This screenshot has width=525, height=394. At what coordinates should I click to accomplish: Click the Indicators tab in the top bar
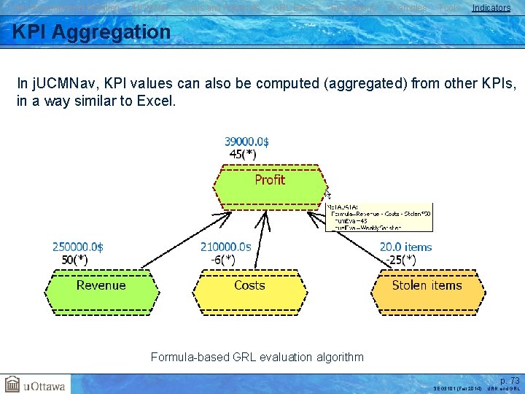(x=491, y=8)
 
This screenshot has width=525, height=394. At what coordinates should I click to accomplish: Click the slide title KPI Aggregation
(x=92, y=32)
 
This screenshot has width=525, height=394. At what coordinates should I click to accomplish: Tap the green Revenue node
(x=101, y=286)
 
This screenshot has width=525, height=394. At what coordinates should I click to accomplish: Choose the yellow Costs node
(x=249, y=286)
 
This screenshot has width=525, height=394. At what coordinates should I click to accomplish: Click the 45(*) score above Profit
(x=242, y=154)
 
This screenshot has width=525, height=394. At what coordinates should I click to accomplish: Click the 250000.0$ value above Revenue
(x=78, y=247)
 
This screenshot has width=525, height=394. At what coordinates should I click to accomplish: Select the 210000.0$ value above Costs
(x=226, y=247)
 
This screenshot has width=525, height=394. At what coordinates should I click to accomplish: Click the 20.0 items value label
(x=406, y=247)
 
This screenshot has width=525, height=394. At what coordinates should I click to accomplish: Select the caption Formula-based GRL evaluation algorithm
(x=257, y=357)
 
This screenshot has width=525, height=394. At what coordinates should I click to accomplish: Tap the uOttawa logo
(x=36, y=384)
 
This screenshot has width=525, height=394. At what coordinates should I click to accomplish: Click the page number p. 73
(x=510, y=381)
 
